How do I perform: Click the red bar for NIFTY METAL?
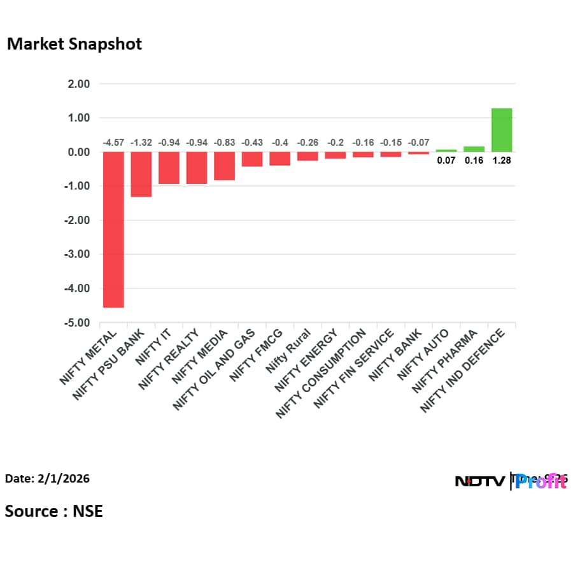[x=113, y=229]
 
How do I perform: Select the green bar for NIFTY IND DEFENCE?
[x=502, y=130]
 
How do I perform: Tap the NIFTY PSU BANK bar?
[x=141, y=174]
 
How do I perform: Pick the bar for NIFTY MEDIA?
[x=224, y=166]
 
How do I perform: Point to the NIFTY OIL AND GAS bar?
[x=252, y=159]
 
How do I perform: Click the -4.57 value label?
[x=113, y=143]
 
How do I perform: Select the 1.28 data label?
[x=502, y=160]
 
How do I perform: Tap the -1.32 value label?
[x=141, y=143]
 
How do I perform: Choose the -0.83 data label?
[x=224, y=143]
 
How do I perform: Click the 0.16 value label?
[x=474, y=160]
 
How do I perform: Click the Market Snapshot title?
[x=74, y=44]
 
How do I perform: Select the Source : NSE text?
[x=53, y=511]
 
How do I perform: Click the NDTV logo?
[x=480, y=481]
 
